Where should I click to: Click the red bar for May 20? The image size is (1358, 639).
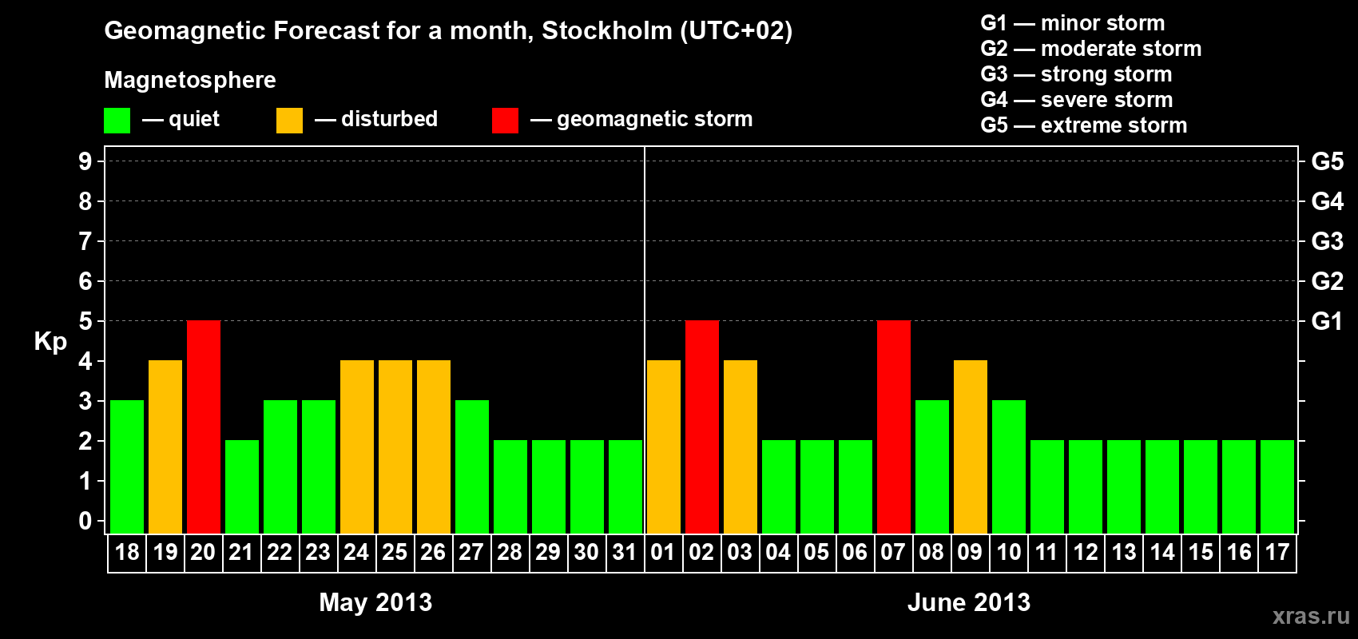click(x=204, y=427)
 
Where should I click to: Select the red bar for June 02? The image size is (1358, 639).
click(x=702, y=427)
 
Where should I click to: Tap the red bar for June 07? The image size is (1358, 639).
click(x=894, y=427)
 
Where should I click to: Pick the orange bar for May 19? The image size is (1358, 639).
click(x=165, y=447)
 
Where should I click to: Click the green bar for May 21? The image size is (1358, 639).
click(x=242, y=486)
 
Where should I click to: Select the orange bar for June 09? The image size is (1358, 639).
click(x=971, y=447)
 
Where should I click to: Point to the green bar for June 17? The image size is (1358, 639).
click(x=1277, y=486)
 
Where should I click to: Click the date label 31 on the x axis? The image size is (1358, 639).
click(x=625, y=553)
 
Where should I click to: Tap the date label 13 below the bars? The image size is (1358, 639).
click(x=1124, y=553)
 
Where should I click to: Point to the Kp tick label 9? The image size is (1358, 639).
click(x=85, y=161)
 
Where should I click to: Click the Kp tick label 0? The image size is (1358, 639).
click(x=85, y=522)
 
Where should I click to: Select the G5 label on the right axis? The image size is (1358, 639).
click(x=1327, y=161)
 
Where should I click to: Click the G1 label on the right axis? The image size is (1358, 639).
click(x=1327, y=321)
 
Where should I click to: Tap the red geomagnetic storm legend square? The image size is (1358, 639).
click(x=505, y=121)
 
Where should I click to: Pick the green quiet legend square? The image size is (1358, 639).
click(x=117, y=121)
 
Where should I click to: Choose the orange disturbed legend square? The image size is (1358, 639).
click(x=290, y=121)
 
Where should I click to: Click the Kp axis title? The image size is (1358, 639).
click(x=50, y=341)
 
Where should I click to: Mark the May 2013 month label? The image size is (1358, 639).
click(x=375, y=602)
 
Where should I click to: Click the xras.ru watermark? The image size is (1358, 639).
click(x=1311, y=616)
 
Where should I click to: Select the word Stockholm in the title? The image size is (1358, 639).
click(x=607, y=31)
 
